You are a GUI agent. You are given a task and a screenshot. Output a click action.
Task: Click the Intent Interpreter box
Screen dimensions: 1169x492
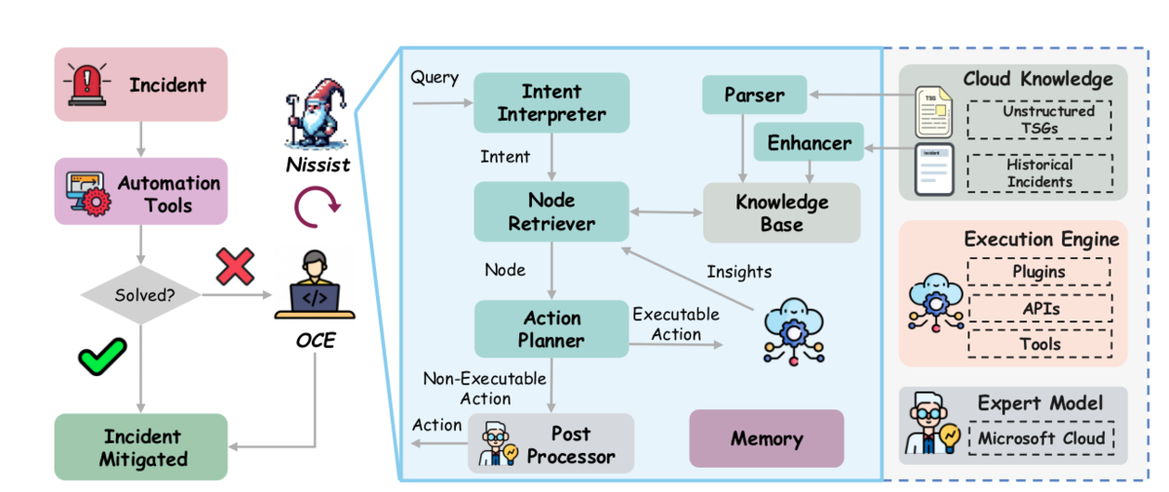click(x=551, y=102)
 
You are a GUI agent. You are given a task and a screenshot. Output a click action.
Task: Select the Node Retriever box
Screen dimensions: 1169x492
click(x=551, y=211)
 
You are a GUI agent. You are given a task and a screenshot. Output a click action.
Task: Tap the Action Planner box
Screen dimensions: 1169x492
click(x=551, y=328)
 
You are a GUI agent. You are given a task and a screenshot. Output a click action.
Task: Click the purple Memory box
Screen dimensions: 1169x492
click(x=767, y=438)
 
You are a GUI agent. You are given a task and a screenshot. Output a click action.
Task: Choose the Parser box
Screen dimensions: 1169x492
click(x=755, y=95)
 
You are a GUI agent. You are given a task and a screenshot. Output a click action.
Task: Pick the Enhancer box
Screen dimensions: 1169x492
click(x=809, y=142)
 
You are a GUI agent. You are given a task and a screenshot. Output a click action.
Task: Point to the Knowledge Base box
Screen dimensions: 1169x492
click(x=781, y=212)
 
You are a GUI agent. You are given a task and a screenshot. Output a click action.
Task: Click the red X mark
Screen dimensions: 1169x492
click(x=236, y=267)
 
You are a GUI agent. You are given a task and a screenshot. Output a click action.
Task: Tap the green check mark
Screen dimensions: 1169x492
click(x=102, y=356)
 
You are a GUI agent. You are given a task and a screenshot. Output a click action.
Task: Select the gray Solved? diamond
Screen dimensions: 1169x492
click(x=141, y=295)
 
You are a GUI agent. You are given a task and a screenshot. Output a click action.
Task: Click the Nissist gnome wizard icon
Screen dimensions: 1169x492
click(x=317, y=113)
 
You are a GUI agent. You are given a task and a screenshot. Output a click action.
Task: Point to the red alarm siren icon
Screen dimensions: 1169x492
click(x=87, y=85)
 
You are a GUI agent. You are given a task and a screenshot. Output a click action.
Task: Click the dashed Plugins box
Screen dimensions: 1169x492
click(x=1039, y=271)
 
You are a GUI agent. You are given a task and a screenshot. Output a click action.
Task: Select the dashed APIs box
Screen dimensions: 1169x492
click(x=1040, y=308)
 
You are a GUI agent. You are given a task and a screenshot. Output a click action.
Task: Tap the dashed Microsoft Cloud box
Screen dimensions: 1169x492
click(x=1041, y=437)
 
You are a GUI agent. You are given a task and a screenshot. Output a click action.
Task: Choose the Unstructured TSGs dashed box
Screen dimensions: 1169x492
click(x=1039, y=120)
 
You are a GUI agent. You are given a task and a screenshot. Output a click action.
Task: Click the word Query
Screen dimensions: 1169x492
click(x=434, y=78)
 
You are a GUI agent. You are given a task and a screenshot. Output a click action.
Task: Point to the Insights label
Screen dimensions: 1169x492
click(x=739, y=271)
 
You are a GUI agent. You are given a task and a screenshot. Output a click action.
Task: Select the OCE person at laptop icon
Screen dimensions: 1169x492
click(x=315, y=284)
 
